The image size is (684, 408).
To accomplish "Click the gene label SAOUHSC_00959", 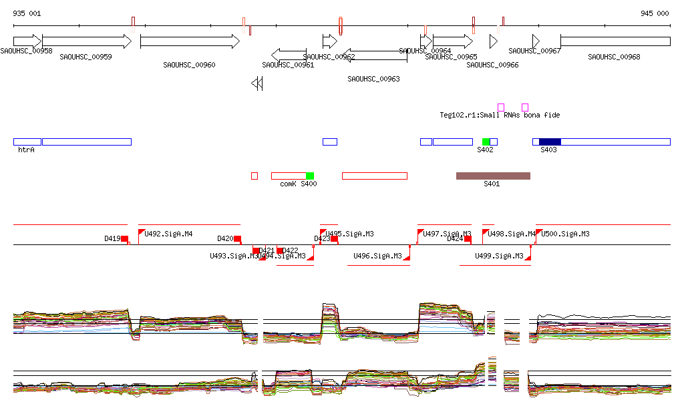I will (85, 57).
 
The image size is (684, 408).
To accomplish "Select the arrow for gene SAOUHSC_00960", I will (190, 41).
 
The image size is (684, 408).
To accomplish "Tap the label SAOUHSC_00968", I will (614, 57).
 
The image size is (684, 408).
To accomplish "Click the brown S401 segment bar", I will (493, 176).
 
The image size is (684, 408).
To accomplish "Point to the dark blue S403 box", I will (550, 142).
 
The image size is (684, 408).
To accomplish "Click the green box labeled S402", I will (486, 142).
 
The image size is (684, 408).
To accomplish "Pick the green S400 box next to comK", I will (310, 176).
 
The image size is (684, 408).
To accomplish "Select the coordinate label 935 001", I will (27, 13).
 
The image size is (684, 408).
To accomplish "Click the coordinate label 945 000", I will (655, 13).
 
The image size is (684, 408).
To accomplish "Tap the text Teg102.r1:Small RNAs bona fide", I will (500, 115).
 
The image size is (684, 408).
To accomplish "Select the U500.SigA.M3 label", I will (565, 234).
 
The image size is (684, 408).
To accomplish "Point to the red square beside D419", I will (124, 238).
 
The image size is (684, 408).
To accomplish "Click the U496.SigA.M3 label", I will (377, 256).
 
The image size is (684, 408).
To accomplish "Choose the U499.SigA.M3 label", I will (499, 256).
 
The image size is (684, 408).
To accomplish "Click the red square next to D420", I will (237, 238).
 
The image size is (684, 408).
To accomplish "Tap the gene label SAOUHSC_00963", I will (373, 79).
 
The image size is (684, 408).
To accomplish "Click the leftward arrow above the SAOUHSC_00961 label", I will (289, 54).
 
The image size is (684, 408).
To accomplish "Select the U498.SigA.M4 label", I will (512, 234).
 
